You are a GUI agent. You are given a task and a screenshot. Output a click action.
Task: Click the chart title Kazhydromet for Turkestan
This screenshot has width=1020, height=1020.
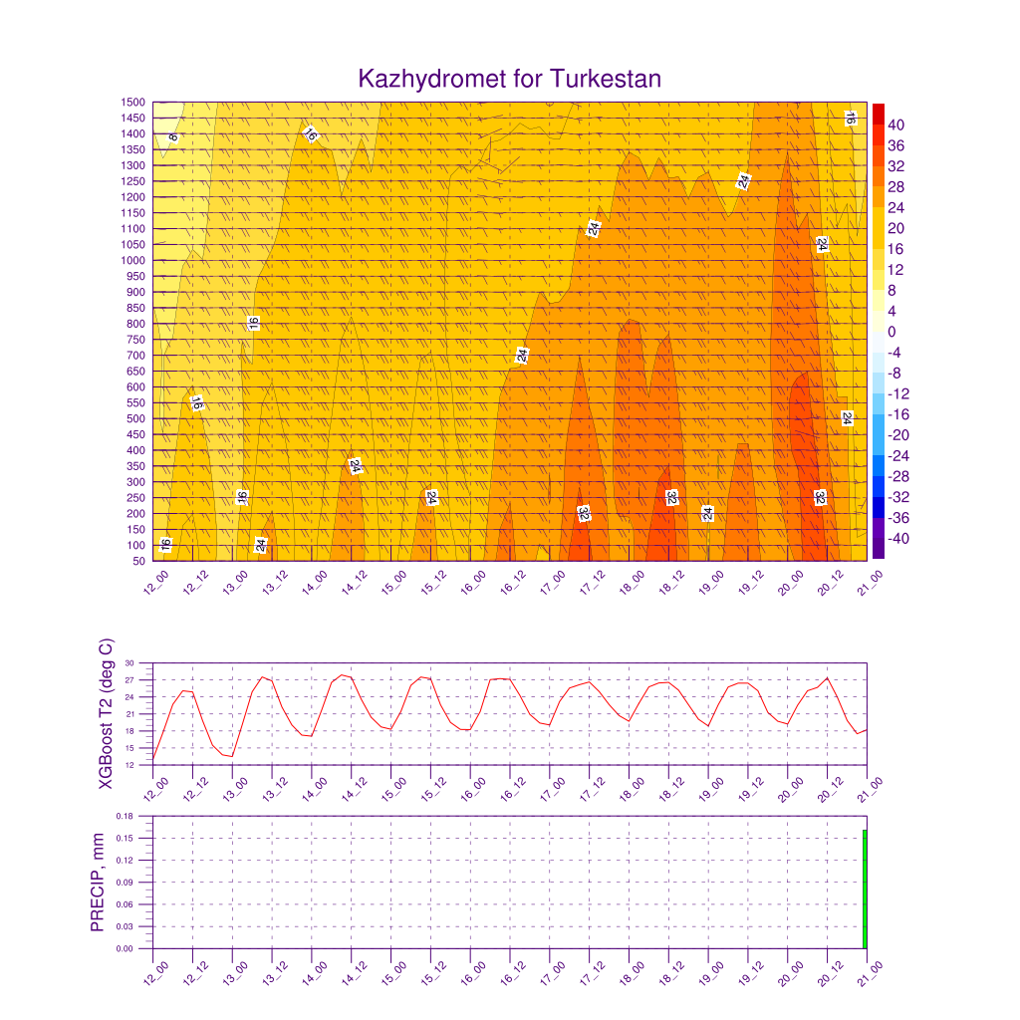(509, 79)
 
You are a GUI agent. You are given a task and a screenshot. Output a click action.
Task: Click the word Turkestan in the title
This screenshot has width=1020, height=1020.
(606, 79)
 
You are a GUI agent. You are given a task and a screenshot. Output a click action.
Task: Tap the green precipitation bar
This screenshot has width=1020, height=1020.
(865, 889)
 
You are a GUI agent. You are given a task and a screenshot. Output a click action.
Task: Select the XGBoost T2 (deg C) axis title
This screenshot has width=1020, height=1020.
(106, 713)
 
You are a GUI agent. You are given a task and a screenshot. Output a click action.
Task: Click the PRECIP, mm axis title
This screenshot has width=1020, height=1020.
(97, 883)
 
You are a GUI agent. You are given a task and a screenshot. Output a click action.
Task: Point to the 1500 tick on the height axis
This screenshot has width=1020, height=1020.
(132, 103)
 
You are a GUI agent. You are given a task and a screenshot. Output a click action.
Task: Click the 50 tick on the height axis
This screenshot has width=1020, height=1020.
(138, 561)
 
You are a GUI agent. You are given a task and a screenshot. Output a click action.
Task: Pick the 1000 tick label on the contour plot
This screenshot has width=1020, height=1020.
(132, 260)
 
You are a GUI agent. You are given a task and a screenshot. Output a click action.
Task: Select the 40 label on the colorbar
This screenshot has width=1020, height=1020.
(895, 125)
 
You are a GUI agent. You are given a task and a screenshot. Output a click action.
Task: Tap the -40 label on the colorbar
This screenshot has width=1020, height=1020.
(898, 539)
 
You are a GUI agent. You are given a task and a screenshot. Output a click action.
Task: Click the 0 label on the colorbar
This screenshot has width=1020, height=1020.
(892, 332)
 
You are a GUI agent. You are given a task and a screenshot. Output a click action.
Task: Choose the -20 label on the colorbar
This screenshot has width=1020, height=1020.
(898, 435)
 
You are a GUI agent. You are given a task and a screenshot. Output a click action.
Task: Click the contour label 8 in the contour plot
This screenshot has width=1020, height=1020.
(173, 137)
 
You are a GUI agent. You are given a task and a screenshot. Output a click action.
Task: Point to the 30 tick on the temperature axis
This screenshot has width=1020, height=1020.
(129, 662)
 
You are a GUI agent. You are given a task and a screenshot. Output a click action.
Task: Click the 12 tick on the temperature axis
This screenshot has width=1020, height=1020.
(129, 765)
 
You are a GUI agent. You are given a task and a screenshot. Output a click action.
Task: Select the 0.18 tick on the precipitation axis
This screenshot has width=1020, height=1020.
(125, 816)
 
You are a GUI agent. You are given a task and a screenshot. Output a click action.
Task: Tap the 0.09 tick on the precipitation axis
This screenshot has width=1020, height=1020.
(125, 883)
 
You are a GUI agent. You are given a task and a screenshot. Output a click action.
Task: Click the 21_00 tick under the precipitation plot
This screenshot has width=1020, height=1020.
(870, 974)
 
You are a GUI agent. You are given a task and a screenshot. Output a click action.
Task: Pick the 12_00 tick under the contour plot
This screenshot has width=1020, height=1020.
(155, 582)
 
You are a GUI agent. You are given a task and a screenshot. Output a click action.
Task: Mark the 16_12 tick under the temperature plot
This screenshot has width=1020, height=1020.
(513, 789)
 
